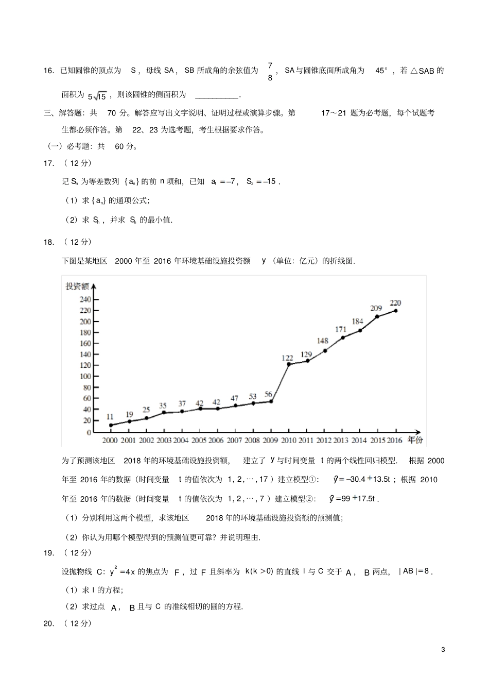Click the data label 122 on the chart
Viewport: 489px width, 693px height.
tap(287, 358)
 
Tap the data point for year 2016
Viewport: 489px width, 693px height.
tap(395, 311)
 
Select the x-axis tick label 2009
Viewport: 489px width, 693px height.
tap(270, 441)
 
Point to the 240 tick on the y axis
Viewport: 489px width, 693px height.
tap(85, 299)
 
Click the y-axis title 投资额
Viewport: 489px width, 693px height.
tap(77, 286)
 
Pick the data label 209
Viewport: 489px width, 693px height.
tap(376, 308)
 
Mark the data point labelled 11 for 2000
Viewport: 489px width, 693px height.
tap(111, 426)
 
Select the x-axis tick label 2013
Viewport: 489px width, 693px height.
tap(341, 441)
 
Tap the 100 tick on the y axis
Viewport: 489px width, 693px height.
tap(85, 377)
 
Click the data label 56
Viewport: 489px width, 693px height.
tap(268, 395)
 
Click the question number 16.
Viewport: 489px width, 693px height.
tap(49, 71)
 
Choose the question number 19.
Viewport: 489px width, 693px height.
tap(49, 553)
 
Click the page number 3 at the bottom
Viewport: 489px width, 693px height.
tap(443, 649)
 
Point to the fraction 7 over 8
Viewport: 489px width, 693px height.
tap(270, 72)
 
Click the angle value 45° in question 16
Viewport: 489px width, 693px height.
tap(381, 71)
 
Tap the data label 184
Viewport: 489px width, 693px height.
tap(357, 322)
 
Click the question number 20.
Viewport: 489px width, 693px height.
tap(49, 623)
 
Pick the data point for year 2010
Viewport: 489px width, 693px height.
tap(289, 364)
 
